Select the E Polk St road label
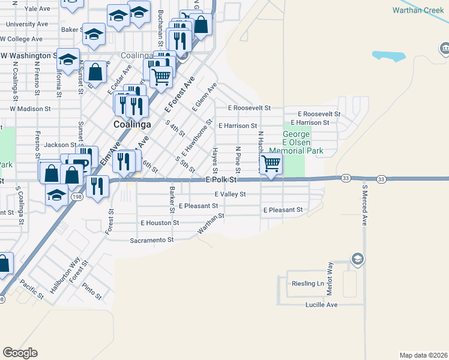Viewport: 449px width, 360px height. pos(223,180)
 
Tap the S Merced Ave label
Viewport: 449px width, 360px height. pos(364,204)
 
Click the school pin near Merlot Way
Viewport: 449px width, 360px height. pos(357,259)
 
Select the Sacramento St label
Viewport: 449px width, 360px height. pos(151,240)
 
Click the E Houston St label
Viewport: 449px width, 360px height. pos(160,223)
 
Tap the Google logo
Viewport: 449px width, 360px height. pos(20,353)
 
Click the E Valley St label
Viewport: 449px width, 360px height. pos(230,194)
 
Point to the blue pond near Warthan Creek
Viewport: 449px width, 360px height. pos(388,56)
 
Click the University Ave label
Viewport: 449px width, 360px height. pos(26,24)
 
